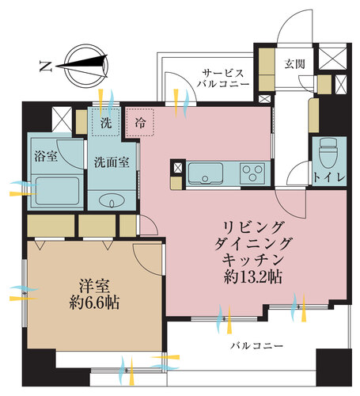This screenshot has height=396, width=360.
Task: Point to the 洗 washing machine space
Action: (x=104, y=123)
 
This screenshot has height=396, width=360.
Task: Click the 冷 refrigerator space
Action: (x=139, y=123)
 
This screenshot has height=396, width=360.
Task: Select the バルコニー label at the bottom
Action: (x=256, y=346)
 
